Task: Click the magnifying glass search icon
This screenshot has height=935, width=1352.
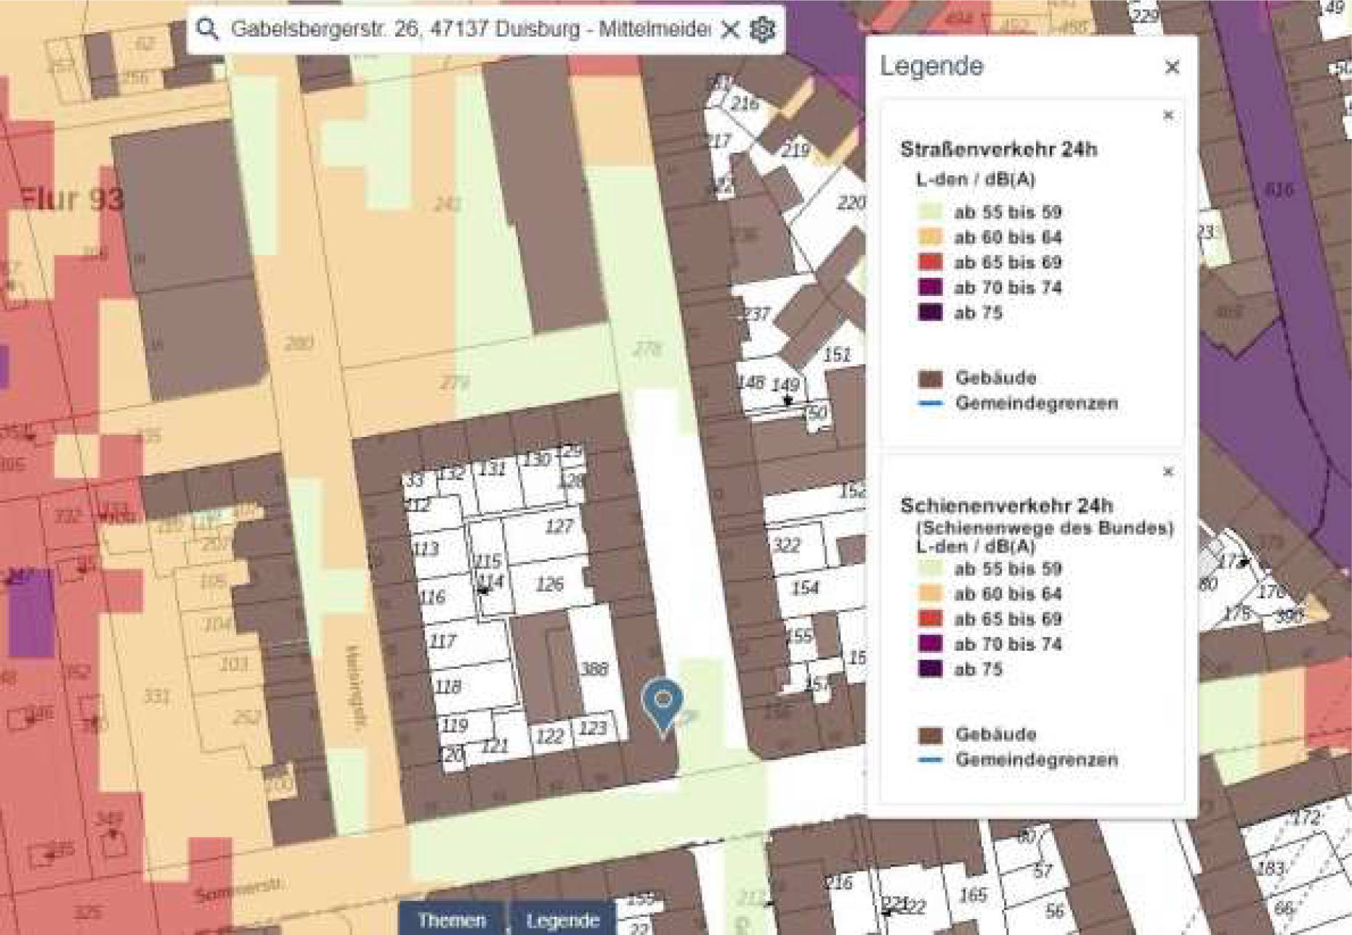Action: coord(208,29)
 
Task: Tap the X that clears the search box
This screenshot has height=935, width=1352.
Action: coord(729,30)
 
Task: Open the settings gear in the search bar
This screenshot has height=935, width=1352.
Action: coord(762,30)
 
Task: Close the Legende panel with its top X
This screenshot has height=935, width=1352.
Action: coord(1172,67)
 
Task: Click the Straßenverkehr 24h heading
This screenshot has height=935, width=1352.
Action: coord(998,150)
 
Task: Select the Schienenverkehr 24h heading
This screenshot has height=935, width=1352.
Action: coord(1006,505)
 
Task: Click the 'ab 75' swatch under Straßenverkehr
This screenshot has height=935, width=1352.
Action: coord(931,313)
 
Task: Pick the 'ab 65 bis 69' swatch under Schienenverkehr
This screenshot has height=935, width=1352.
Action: coord(931,619)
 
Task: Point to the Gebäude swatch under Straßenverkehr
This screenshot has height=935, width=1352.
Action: coord(931,378)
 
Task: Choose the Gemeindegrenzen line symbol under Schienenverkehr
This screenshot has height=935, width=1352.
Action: coord(931,760)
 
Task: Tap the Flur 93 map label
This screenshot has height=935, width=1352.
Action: coord(71,198)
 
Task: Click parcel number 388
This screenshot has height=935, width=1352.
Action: coord(594,668)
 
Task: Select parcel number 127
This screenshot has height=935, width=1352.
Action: coord(559,526)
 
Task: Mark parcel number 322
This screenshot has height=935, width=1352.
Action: coord(786,545)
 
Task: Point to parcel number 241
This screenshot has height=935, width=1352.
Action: coord(448,204)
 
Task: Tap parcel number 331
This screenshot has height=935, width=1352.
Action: coord(156,697)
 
